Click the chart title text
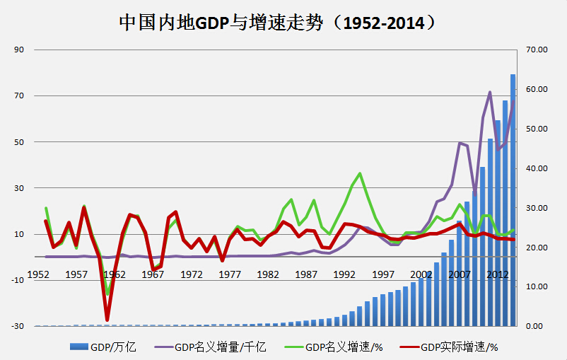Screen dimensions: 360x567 [276, 23]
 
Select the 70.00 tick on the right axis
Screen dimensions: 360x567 [537, 50]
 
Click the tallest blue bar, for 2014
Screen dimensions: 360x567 [513, 198]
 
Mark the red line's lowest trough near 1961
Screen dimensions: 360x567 [107, 320]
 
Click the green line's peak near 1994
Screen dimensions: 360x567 [361, 173]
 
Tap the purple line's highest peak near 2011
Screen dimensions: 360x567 [490, 93]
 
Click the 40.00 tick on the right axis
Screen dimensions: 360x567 [537, 168]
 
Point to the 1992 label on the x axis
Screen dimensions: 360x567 [344, 274]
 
